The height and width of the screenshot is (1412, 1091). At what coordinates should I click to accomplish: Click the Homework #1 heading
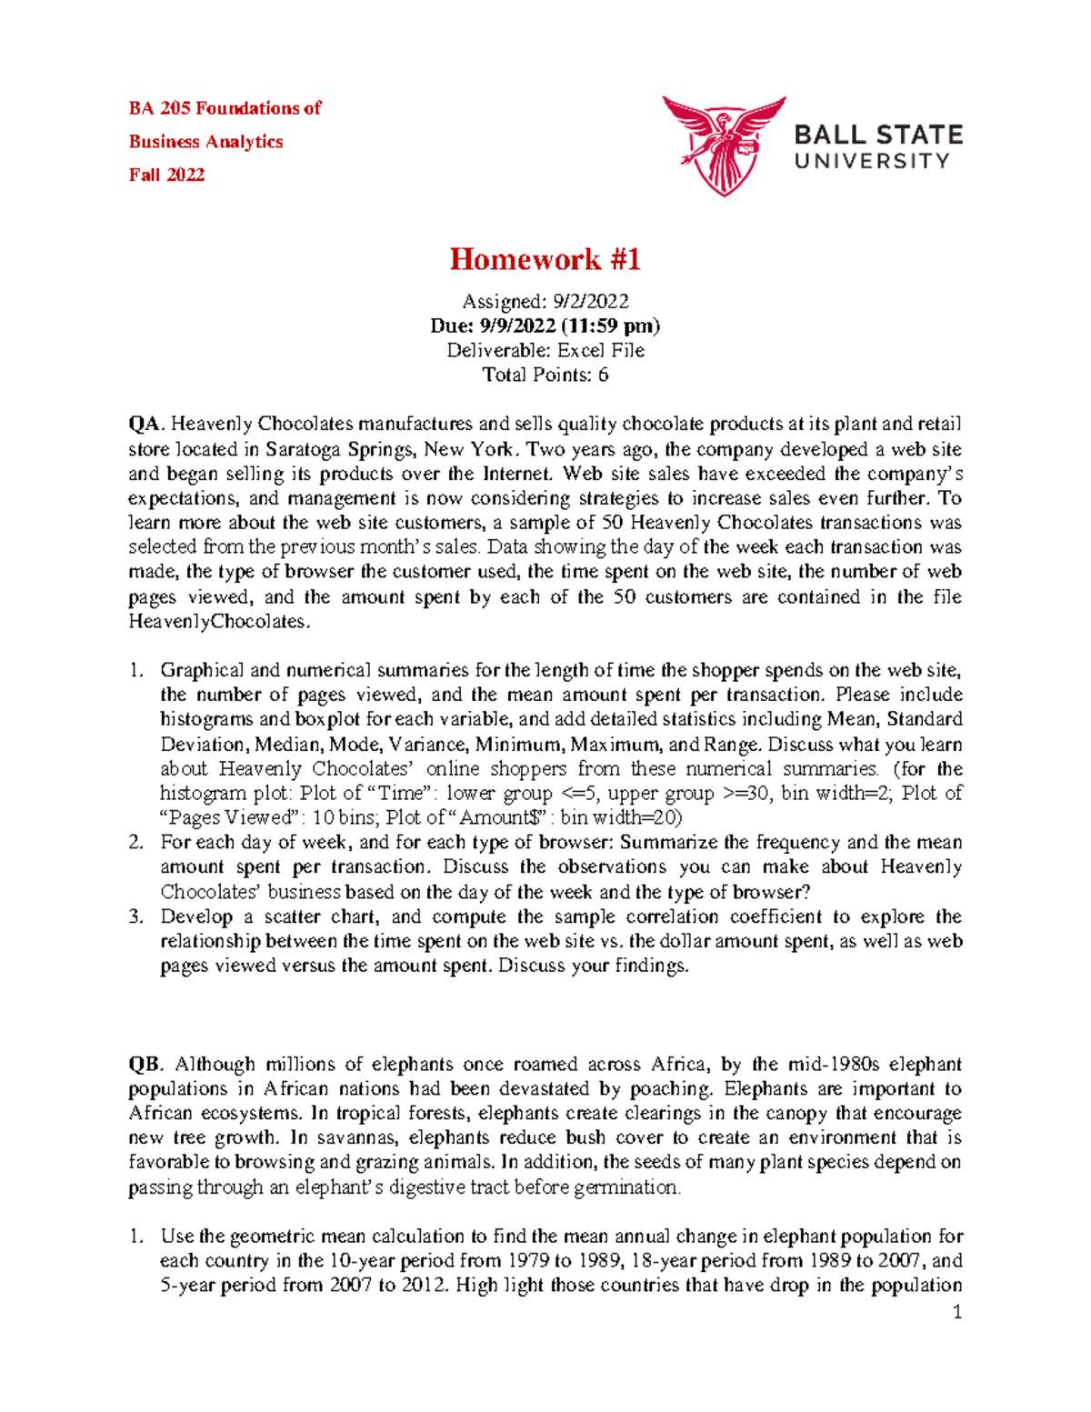[545, 260]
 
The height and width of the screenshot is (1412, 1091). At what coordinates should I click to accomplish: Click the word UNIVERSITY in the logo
[872, 162]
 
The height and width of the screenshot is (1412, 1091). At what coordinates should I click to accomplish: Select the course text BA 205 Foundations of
[225, 108]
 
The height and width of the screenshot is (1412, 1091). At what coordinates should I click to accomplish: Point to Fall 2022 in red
[166, 175]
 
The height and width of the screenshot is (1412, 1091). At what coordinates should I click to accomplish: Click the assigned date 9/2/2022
[577, 301]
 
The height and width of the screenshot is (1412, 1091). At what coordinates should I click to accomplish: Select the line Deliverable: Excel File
[545, 350]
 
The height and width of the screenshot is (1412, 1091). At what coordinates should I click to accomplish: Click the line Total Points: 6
[545, 375]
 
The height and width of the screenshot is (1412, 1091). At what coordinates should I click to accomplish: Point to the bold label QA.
[145, 424]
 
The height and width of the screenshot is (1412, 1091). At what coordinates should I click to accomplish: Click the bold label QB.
[145, 1064]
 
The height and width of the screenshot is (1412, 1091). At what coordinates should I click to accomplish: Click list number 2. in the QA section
[136, 842]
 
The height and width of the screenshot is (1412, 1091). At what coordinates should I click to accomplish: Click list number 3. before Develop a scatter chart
[136, 916]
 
